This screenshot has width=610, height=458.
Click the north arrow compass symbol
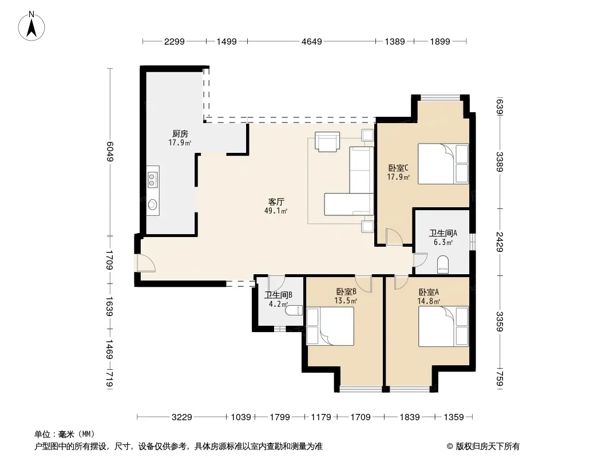tap(31, 26)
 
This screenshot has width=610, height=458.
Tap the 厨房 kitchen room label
tap(180, 134)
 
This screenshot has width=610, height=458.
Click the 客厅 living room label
tap(276, 202)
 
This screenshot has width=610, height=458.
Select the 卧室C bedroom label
tap(398, 168)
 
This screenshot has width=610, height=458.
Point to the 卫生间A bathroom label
tap(443, 233)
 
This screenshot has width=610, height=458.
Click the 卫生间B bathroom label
tap(278, 295)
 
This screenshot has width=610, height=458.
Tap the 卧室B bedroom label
tap(346, 291)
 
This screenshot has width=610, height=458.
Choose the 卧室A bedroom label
tap(429, 292)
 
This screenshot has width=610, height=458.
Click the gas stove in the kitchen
tap(152, 180)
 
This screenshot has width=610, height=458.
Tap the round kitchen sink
tap(152, 204)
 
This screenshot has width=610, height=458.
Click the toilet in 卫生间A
tap(443, 264)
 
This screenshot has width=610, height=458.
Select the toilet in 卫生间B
tap(294, 310)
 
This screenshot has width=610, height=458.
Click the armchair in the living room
tap(327, 142)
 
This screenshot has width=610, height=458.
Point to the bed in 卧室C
tap(443, 164)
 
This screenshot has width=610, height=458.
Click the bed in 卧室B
tap(330, 326)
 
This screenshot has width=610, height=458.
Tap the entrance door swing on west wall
tap(146, 263)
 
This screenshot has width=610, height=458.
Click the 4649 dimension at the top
tap(312, 41)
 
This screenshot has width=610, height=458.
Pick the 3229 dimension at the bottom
tap(181, 417)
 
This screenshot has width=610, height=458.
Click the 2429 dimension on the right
tap(500, 242)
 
